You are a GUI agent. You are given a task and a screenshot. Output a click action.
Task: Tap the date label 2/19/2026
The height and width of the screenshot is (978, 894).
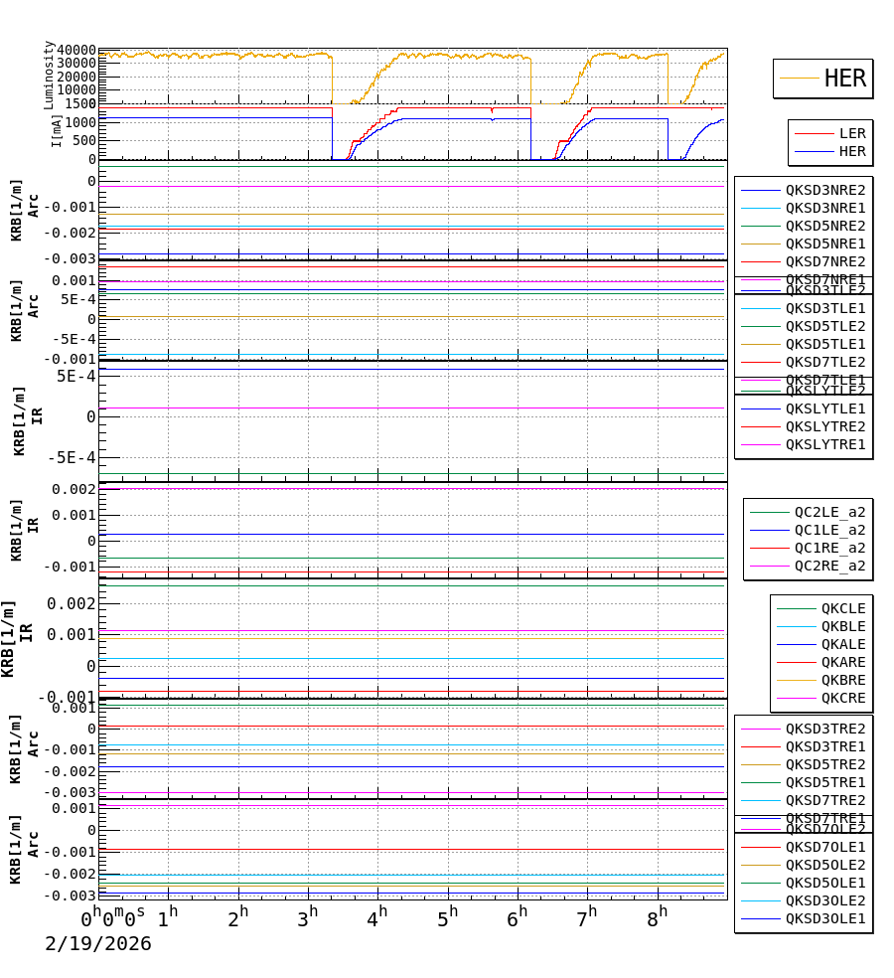tap(98, 943)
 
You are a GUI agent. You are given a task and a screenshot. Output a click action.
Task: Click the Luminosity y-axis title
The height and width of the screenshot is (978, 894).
tap(49, 75)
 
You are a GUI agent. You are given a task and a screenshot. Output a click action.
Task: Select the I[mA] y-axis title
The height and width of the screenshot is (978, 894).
tap(56, 130)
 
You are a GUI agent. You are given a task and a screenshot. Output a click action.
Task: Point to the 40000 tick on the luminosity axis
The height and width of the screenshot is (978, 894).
tap(75, 51)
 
